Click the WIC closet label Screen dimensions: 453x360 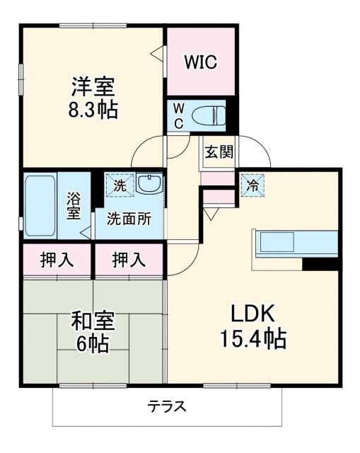(x=200, y=62)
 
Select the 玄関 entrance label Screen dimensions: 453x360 (x=219, y=151)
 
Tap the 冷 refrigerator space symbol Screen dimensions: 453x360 (x=251, y=185)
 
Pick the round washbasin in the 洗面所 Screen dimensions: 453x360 (x=149, y=185)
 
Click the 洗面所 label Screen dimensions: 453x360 (x=129, y=219)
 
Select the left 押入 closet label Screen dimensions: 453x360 (x=57, y=260)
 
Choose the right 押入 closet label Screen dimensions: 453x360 (x=129, y=260)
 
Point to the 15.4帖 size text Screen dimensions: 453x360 (x=254, y=340)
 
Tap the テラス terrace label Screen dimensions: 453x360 (x=167, y=407)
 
